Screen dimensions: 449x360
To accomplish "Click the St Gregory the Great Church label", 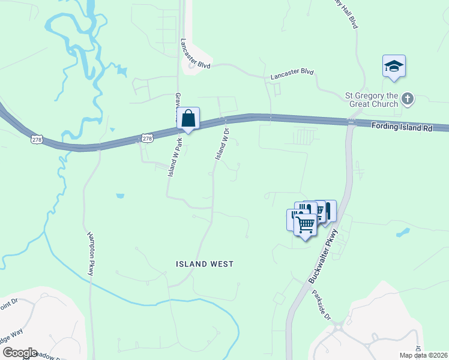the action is coord(371,100).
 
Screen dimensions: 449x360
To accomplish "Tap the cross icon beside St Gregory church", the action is coord(408,98).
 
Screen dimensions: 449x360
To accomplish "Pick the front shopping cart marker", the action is coord(306,225).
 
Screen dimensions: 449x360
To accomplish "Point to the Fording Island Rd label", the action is coord(402,127).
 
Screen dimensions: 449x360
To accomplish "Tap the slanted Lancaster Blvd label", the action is coord(195,54).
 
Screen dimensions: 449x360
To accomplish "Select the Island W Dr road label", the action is coord(222,144).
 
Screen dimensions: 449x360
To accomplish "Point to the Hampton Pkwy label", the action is coord(91,253).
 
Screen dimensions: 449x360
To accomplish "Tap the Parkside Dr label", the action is coord(321,305).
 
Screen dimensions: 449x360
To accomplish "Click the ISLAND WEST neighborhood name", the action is coord(205,264).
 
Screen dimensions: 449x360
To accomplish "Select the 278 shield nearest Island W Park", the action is coord(147,139).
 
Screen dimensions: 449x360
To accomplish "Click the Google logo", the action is coord(19,353).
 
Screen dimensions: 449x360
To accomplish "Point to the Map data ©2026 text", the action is coord(424,355).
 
